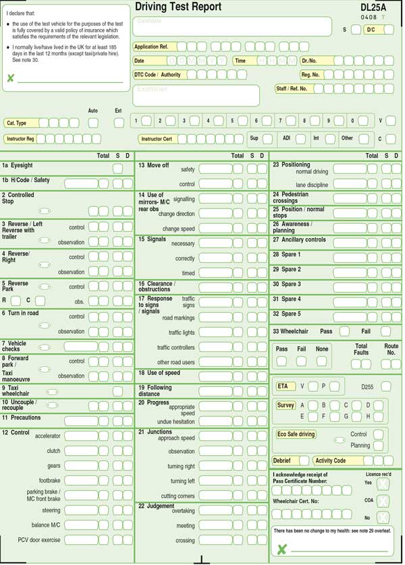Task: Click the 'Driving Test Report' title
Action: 178,7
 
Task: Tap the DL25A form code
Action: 373,7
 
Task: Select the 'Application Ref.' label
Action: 151,47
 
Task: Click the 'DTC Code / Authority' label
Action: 157,75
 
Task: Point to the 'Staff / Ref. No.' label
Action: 292,88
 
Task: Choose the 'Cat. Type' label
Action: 16,123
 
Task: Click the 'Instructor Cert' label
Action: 157,139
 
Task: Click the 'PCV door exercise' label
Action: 38,540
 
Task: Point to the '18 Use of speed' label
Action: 159,373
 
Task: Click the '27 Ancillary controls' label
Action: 299,240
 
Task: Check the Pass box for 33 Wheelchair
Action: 344,332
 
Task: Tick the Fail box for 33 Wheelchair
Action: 385,332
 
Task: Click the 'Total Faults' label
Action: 361,349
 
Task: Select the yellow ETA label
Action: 283,386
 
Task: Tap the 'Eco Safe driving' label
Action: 296,434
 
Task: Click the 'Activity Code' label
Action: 330,460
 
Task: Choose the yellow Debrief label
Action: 282,460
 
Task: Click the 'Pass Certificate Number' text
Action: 300,481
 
